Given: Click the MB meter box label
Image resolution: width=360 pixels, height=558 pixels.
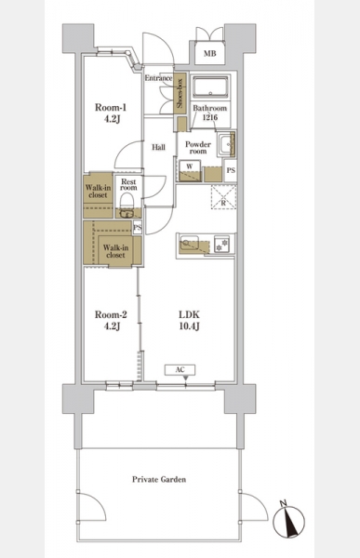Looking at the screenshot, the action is coord(209,54).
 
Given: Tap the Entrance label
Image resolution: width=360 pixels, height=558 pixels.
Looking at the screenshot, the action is coord(158,78).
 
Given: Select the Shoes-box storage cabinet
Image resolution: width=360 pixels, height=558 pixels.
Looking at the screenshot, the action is coord(180,94).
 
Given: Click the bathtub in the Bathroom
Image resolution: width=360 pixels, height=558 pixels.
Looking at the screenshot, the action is coord(210,87).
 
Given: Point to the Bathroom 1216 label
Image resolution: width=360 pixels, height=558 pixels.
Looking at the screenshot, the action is coord(210,113).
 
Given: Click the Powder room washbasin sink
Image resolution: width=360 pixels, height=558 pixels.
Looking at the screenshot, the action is coord(226,144).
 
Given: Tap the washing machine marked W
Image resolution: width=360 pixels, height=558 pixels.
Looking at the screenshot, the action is coord(190,171).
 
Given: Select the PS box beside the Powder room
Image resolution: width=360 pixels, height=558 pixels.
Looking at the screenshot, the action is coord(231,170).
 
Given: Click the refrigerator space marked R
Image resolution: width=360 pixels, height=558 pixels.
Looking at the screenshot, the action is coord(223,197).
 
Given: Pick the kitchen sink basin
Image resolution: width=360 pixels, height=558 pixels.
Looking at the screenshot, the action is coord(190,243).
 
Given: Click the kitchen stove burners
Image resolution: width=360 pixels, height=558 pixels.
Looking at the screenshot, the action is coord(221,244).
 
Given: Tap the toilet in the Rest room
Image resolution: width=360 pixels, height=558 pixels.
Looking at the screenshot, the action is coord(127,206).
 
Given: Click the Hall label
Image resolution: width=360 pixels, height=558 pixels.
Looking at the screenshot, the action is coord(158,147).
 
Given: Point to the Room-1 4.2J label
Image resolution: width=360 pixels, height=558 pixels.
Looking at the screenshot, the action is coord(111,113).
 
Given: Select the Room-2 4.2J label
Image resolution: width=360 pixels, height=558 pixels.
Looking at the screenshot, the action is coord(111,320).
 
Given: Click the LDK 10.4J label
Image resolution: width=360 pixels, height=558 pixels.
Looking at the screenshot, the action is coord(189,320).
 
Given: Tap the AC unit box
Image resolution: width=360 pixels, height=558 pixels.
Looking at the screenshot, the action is coord(180,370).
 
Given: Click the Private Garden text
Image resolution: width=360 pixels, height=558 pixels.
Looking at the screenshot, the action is coord(159,479).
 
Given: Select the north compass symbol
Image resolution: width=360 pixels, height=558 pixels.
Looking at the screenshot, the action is coord(288,520).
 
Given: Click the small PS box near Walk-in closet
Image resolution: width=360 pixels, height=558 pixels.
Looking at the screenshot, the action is coord(138,228).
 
